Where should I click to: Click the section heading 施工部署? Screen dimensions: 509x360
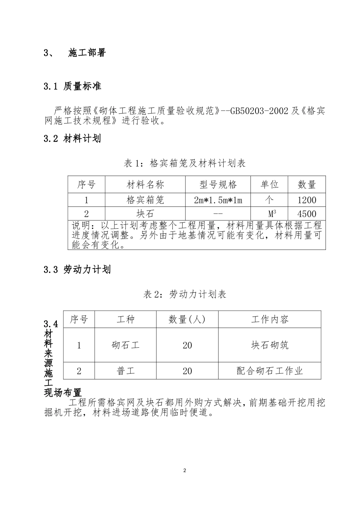[87, 53]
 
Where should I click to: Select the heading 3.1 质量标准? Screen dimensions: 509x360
[72, 86]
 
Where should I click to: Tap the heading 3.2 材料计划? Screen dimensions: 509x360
[72, 139]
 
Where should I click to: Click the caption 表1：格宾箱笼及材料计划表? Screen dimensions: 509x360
[185, 163]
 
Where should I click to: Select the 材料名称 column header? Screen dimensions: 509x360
[145, 185]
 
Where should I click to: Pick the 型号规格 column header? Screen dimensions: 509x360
[218, 185]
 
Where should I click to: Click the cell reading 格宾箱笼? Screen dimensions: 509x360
[145, 200]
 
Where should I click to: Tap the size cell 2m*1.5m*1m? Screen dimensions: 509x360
[218, 200]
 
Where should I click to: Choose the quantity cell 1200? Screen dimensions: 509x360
[307, 200]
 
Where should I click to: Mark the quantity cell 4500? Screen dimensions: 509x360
[307, 214]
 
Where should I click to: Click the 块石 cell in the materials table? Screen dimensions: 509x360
[145, 214]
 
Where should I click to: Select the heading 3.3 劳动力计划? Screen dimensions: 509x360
[77, 270]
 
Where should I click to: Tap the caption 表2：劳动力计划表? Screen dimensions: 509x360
[185, 294]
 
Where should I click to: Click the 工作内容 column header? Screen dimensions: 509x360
[270, 320]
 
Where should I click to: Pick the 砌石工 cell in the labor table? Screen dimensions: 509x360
[125, 345]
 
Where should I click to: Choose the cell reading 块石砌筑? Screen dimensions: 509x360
[270, 345]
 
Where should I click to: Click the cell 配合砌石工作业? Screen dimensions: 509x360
[270, 371]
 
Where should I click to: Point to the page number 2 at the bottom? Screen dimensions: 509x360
[185, 471]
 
